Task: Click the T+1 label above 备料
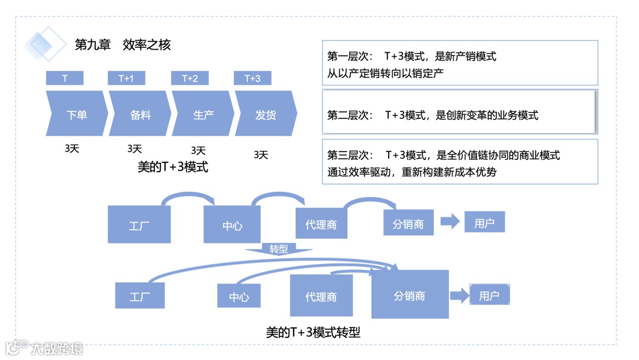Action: [126, 78]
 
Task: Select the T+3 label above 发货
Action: [253, 78]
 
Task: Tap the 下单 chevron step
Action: [76, 114]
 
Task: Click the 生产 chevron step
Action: [203, 114]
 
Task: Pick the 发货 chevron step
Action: [266, 114]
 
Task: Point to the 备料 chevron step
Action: [140, 114]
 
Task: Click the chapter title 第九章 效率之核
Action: [122, 44]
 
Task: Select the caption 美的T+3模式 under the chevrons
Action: [173, 168]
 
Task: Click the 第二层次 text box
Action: [459, 112]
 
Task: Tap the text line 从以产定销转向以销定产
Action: [385, 73]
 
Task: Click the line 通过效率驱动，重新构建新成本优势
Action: [412, 172]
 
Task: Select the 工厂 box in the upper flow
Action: [139, 224]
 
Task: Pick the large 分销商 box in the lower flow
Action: [409, 294]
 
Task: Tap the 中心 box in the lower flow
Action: [238, 295]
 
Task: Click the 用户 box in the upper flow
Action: [484, 223]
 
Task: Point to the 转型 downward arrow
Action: [278, 249]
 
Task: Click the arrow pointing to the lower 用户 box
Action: [458, 295]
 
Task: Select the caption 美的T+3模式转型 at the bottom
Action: [313, 333]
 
